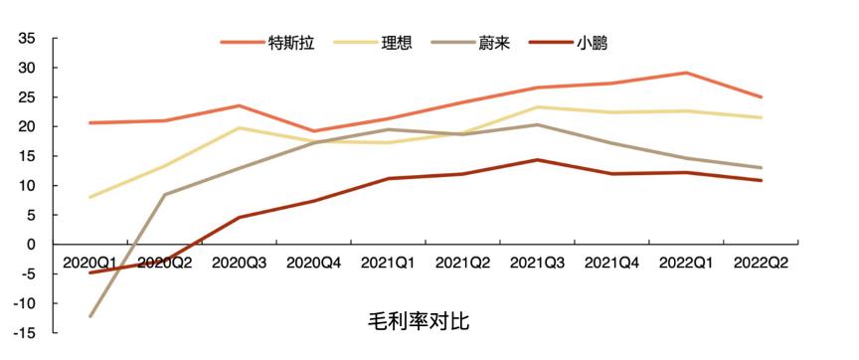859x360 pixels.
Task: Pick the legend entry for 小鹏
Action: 592,43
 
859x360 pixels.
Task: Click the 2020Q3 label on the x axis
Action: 239,263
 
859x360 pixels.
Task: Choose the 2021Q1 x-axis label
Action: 388,263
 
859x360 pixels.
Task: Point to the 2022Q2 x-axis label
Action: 761,263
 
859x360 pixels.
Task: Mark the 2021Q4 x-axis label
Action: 611,263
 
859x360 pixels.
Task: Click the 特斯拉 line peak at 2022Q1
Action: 686,73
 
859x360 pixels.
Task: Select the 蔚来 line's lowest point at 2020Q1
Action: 89,316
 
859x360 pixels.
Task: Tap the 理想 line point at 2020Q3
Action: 239,127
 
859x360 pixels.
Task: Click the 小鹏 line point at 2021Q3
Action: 537,160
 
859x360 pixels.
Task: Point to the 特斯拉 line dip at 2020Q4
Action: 313,131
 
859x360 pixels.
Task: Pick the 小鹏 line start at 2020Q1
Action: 89,272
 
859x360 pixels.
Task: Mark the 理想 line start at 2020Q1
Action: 89,197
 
